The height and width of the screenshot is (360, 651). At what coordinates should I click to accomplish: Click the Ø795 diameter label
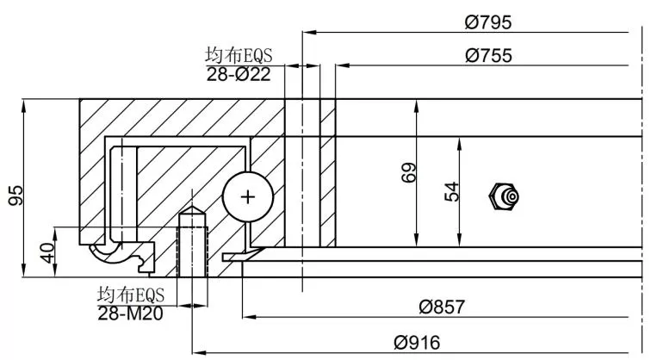pyautogui.click(x=488, y=22)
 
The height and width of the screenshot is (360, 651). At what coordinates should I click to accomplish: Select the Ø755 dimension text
pyautogui.click(x=488, y=55)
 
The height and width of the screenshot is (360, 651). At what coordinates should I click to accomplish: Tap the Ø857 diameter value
pyautogui.click(x=442, y=307)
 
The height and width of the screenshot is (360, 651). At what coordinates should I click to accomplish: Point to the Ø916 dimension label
pyautogui.click(x=417, y=343)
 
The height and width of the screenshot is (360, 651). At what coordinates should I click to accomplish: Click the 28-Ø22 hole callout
pyautogui.click(x=239, y=74)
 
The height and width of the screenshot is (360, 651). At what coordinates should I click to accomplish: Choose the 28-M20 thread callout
pyautogui.click(x=130, y=313)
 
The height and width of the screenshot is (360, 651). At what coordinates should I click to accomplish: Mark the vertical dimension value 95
pyautogui.click(x=16, y=196)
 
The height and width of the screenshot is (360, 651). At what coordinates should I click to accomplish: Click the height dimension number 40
pyautogui.click(x=47, y=253)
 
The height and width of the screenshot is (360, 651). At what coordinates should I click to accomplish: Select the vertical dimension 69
pyautogui.click(x=408, y=173)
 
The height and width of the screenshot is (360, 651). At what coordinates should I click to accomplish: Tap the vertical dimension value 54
pyautogui.click(x=452, y=191)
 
